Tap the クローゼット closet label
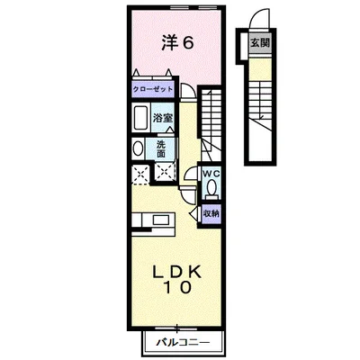point(151,89)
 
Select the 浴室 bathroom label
point(162,118)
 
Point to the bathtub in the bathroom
point(140,119)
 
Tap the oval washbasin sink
point(137,149)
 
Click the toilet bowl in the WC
point(211,188)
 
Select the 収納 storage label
point(210,214)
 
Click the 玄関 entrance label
point(258,42)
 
